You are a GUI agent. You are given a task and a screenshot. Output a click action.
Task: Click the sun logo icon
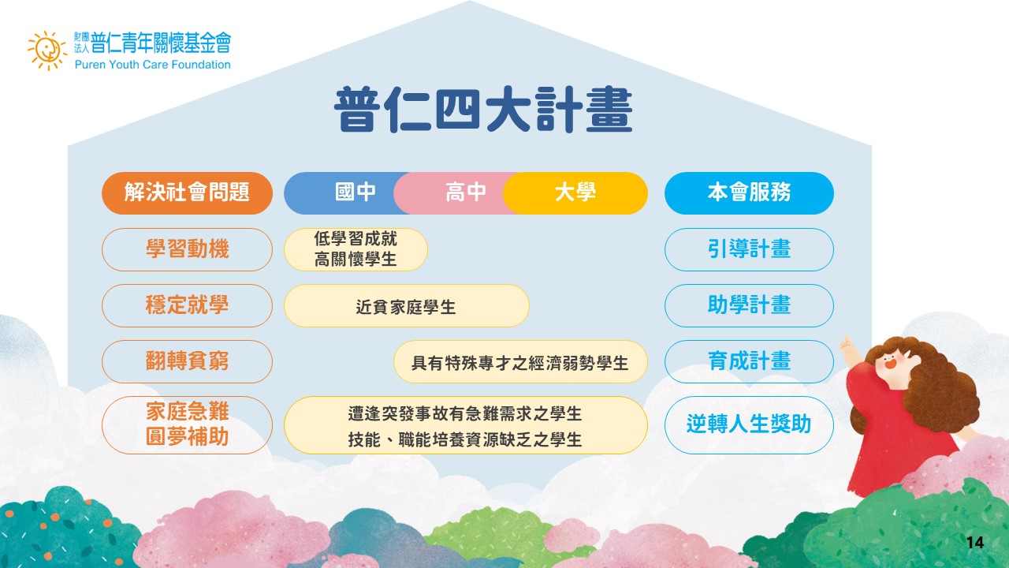click(47, 50)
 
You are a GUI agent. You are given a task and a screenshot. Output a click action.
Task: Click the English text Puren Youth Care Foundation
click(153, 65)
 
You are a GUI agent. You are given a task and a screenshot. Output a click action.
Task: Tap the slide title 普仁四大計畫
click(483, 110)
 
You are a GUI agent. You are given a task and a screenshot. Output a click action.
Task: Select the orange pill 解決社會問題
click(187, 193)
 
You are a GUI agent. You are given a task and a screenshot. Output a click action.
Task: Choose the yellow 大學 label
click(575, 193)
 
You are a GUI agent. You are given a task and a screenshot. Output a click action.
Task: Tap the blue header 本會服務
click(749, 193)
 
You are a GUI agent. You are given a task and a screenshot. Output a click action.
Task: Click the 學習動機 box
click(187, 249)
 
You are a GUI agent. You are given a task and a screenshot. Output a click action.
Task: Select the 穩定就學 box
click(187, 305)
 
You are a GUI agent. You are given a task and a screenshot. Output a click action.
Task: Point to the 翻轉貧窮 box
click(187, 361)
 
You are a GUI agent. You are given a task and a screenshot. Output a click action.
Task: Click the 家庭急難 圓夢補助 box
click(187, 424)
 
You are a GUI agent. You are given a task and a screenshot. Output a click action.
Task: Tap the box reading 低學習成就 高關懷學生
click(356, 249)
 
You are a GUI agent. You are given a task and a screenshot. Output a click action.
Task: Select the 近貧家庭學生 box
click(406, 305)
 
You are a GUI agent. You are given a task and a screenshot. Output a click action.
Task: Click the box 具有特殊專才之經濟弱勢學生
click(520, 361)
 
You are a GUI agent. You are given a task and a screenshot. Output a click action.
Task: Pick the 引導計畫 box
click(749, 249)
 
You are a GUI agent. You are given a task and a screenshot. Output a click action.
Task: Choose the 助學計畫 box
click(749, 305)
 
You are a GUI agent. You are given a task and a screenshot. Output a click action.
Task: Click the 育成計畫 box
click(749, 361)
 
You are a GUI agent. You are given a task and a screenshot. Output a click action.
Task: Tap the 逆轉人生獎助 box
click(749, 424)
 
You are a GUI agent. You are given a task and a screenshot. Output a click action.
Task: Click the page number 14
click(975, 542)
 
